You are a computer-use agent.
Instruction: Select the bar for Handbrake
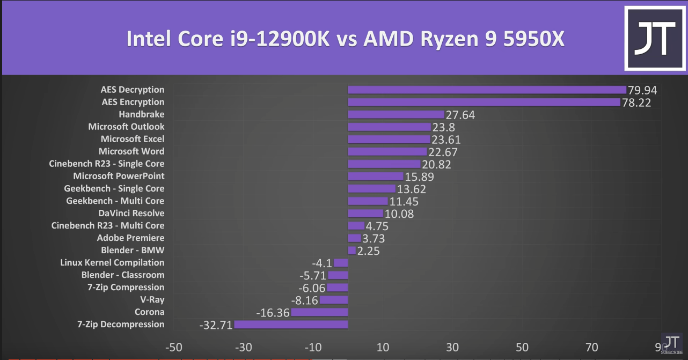[396, 114]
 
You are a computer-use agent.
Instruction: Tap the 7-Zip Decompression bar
[291, 324]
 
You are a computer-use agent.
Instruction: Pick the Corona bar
[319, 312]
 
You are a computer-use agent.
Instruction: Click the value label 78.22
[636, 102]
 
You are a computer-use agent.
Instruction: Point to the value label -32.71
[215, 325]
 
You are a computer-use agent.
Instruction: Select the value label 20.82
[436, 164]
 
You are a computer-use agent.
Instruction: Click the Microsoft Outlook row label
[126, 127]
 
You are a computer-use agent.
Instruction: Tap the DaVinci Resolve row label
[131, 213]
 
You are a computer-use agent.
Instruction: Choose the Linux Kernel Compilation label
[112, 262]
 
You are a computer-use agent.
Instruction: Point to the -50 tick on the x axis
[173, 347]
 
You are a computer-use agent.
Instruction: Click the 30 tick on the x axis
[452, 347]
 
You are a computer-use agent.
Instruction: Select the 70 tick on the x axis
[591, 347]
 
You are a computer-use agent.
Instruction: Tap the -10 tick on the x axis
[313, 347]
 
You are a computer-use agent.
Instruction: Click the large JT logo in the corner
[655, 39]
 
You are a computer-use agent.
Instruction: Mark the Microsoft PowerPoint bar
[375, 176]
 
